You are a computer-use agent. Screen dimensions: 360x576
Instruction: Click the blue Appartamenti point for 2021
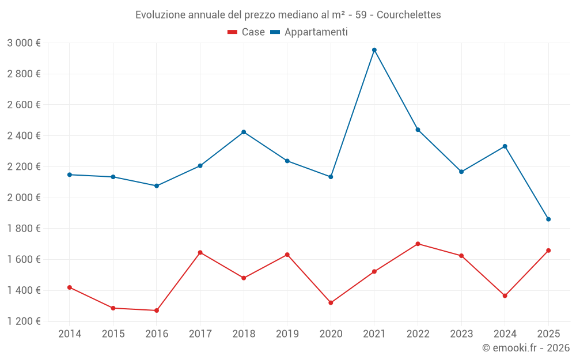pyautogui.click(x=374, y=50)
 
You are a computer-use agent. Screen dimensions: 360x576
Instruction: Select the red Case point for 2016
pyautogui.click(x=157, y=310)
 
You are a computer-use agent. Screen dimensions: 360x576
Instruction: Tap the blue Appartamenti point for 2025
pyautogui.click(x=548, y=219)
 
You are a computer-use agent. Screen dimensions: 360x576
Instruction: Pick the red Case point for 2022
pyautogui.click(x=418, y=244)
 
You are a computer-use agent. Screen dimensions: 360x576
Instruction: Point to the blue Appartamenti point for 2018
pyautogui.click(x=244, y=132)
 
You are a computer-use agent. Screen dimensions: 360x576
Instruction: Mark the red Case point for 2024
pyautogui.click(x=505, y=296)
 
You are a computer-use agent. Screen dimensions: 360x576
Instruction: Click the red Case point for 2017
pyautogui.click(x=200, y=252)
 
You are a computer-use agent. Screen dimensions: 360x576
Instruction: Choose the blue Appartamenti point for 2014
pyautogui.click(x=70, y=175)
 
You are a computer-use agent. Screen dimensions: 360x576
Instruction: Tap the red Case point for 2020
pyautogui.click(x=331, y=303)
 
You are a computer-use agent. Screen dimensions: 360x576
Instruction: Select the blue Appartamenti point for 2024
pyautogui.click(x=505, y=146)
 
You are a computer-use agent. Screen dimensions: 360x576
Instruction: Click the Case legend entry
pyautogui.click(x=247, y=32)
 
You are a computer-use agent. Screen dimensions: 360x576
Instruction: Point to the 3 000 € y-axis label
pyautogui.click(x=24, y=43)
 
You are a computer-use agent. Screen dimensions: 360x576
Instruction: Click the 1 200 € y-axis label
pyautogui.click(x=24, y=321)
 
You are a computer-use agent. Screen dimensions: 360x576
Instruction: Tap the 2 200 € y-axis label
pyautogui.click(x=24, y=166)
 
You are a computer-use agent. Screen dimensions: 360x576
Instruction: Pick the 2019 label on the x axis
pyautogui.click(x=287, y=334)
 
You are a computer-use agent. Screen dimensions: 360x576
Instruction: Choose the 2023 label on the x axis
pyautogui.click(x=461, y=334)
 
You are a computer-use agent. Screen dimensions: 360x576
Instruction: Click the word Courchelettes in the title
pyautogui.click(x=408, y=15)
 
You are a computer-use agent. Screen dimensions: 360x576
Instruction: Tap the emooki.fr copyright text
pyautogui.click(x=526, y=348)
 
